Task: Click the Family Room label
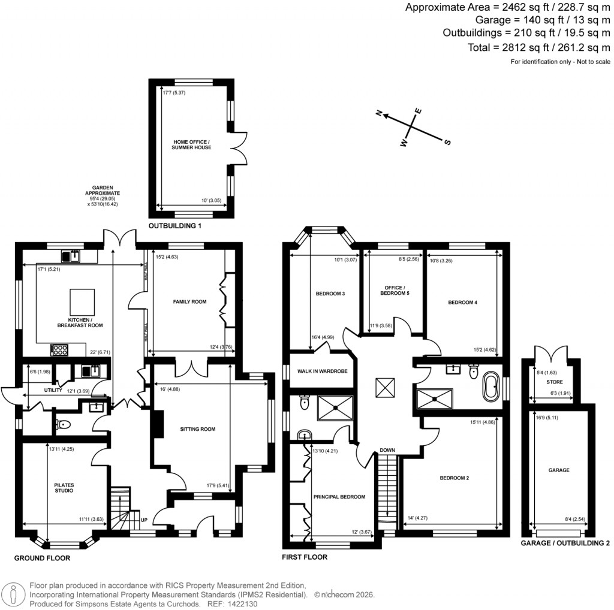click(x=190, y=302)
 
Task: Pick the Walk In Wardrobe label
click(x=318, y=372)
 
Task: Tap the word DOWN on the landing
click(x=387, y=451)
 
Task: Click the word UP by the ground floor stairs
click(x=144, y=519)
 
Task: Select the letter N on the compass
click(x=379, y=112)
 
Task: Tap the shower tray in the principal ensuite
click(x=336, y=407)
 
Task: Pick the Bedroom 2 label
click(x=454, y=478)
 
